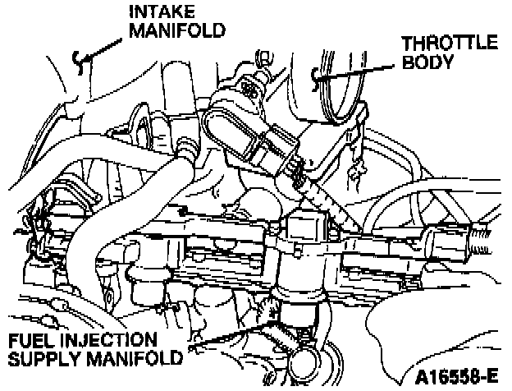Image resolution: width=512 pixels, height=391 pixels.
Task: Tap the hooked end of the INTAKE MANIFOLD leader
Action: [x=76, y=58]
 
